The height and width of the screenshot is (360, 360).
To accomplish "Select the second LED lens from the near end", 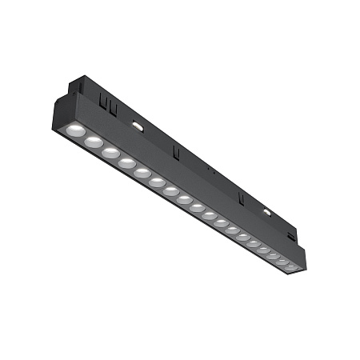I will click(94, 142).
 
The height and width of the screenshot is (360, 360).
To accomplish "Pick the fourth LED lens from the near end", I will click(126, 162).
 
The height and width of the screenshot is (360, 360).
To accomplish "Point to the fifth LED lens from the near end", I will click(142, 173).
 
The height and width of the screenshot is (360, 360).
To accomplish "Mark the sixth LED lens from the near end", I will click(156, 182).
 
